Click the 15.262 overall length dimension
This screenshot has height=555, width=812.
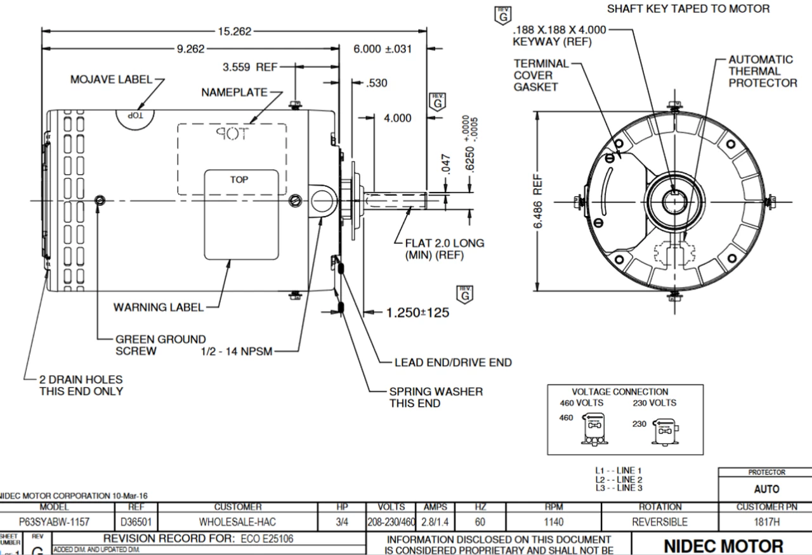click(x=234, y=31)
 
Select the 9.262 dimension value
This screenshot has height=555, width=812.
click(x=190, y=49)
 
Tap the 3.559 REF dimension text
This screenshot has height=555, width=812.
click(x=246, y=67)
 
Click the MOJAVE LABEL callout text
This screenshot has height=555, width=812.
click(x=111, y=80)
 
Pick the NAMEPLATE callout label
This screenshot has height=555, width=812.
click(x=234, y=92)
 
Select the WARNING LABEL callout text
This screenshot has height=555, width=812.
click(x=159, y=308)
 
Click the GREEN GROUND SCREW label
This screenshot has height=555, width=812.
click(x=160, y=345)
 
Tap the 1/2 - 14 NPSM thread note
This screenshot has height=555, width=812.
click(x=236, y=352)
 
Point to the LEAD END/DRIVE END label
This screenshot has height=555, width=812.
click(x=453, y=363)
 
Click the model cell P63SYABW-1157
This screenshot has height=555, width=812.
click(x=54, y=523)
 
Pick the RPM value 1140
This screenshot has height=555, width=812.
click(x=554, y=523)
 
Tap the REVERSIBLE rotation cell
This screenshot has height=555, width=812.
click(x=659, y=523)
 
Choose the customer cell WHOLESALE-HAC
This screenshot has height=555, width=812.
click(x=239, y=523)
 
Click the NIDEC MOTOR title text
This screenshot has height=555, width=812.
click(x=723, y=545)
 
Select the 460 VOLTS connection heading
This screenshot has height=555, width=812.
click(x=581, y=403)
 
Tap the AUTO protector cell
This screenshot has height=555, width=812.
click(x=766, y=489)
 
